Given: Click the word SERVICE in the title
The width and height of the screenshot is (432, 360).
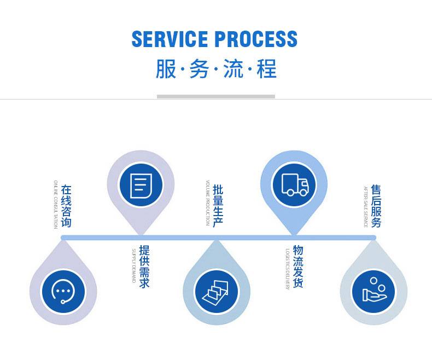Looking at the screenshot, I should [x=170, y=39].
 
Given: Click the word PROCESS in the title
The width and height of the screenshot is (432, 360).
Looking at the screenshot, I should [x=256, y=39].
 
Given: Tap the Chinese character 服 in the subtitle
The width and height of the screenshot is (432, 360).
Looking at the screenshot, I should [x=166, y=69].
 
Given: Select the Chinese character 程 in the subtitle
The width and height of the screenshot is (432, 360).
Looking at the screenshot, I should [x=266, y=69].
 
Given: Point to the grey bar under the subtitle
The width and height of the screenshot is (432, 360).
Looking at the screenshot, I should [x=215, y=96].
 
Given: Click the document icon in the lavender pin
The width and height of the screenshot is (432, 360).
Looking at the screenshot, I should [x=141, y=185].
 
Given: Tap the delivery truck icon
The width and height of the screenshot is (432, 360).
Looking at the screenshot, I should [x=294, y=184].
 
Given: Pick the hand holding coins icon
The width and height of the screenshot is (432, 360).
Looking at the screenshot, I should [x=373, y=291].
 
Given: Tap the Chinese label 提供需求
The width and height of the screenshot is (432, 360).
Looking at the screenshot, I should [x=144, y=266].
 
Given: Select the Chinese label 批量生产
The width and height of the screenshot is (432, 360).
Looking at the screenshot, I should [x=218, y=205].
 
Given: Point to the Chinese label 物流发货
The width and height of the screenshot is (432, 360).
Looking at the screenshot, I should [x=298, y=266].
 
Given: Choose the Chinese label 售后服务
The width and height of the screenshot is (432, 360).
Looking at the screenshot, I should [x=376, y=206].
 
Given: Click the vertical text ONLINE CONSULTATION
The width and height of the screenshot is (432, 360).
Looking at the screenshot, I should [x=55, y=204].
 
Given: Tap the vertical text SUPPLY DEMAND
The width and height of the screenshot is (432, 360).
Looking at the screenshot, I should [x=133, y=265].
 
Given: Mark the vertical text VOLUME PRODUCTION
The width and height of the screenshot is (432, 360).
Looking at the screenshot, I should [x=208, y=203].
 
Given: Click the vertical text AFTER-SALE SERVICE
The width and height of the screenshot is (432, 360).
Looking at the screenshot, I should [x=366, y=206].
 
